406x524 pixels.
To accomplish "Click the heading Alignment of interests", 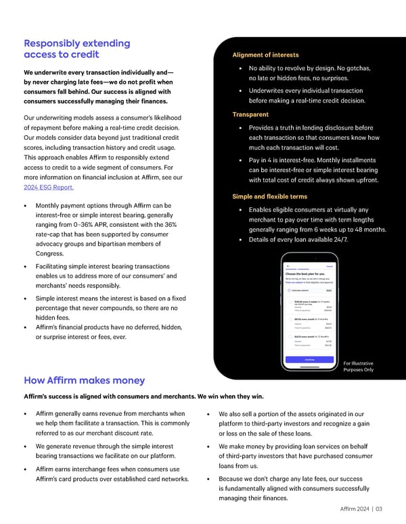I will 265,55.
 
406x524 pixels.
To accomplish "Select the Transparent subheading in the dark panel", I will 250,114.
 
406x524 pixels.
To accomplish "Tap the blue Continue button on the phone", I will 309,359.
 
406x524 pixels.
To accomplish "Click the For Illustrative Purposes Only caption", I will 359,366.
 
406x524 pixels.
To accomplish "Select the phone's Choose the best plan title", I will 305,273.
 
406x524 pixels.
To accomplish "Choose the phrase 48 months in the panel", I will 365,229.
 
